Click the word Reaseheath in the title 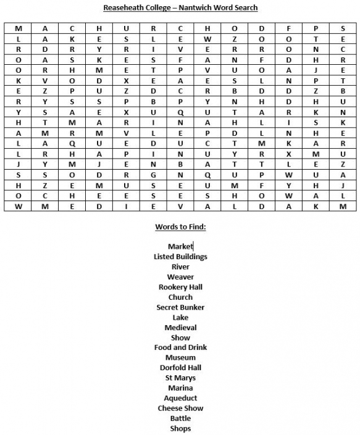pyautogui.click(x=123, y=7)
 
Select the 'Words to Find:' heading pyautogui.click(x=180, y=226)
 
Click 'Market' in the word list pyautogui.click(x=180, y=247)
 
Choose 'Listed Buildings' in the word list pyautogui.click(x=180, y=257)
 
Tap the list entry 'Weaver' pyautogui.click(x=180, y=277)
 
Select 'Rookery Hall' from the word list pyautogui.click(x=180, y=287)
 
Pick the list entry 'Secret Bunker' pyautogui.click(x=180, y=307)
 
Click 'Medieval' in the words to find pyautogui.click(x=180, y=328)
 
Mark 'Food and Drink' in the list pyautogui.click(x=180, y=347)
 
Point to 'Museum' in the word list pyautogui.click(x=180, y=358)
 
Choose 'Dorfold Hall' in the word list pyautogui.click(x=180, y=368)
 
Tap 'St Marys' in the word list pyautogui.click(x=180, y=378)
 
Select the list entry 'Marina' pyautogui.click(x=180, y=388)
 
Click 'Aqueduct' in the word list pyautogui.click(x=180, y=398)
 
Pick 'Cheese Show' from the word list pyautogui.click(x=180, y=408)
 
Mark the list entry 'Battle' pyautogui.click(x=180, y=418)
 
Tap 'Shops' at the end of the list pyautogui.click(x=180, y=428)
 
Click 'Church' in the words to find pyautogui.click(x=180, y=297)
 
